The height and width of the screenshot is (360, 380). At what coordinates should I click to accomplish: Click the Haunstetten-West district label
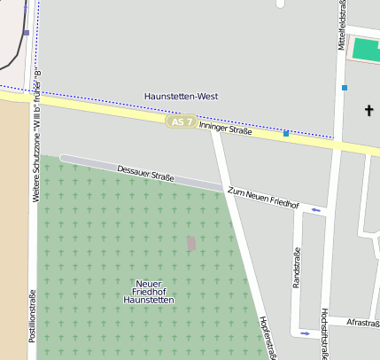[x=181, y=96]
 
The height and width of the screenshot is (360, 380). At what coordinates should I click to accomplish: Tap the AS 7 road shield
[x=181, y=121]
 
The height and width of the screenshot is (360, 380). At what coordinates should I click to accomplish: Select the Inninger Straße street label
[x=225, y=129]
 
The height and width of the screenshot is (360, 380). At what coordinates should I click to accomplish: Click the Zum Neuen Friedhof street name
[x=263, y=199]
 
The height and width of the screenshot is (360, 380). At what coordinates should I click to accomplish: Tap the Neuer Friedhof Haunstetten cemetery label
[x=149, y=292]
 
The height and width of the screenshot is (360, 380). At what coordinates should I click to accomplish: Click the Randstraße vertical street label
[x=296, y=268]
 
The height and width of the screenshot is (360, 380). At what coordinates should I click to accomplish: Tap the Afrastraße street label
[x=363, y=323]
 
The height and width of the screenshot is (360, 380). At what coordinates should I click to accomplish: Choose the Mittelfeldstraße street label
[x=340, y=27]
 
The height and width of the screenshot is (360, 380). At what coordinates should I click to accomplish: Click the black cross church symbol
[x=369, y=110]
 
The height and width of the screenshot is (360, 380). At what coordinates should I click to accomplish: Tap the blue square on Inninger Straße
[x=286, y=134]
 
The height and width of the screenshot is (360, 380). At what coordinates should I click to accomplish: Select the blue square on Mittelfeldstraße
[x=345, y=87]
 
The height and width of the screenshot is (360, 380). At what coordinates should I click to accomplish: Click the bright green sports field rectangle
[x=366, y=50]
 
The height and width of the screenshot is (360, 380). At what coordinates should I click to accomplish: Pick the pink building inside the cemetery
[x=191, y=243]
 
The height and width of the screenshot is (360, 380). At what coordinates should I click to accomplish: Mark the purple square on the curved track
[x=27, y=33]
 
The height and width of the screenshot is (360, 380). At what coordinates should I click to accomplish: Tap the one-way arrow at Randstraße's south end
[x=306, y=333]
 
